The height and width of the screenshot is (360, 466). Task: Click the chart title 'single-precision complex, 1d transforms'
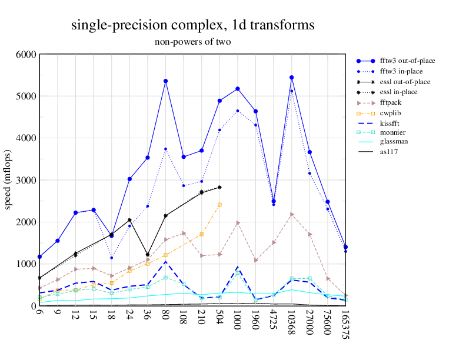192,25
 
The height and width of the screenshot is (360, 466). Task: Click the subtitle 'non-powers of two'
192,42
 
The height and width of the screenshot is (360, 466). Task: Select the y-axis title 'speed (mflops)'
9,180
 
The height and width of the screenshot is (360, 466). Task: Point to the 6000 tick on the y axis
26,54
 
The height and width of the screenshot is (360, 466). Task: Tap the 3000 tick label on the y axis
26,180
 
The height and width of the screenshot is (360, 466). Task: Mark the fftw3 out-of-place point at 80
165,81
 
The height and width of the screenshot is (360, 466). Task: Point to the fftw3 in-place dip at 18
111,258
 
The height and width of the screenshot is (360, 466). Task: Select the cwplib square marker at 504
219,205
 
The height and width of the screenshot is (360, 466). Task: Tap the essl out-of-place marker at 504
219,187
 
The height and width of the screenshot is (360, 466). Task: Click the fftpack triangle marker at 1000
238,223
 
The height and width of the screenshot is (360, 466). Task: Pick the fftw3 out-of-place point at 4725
274,201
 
